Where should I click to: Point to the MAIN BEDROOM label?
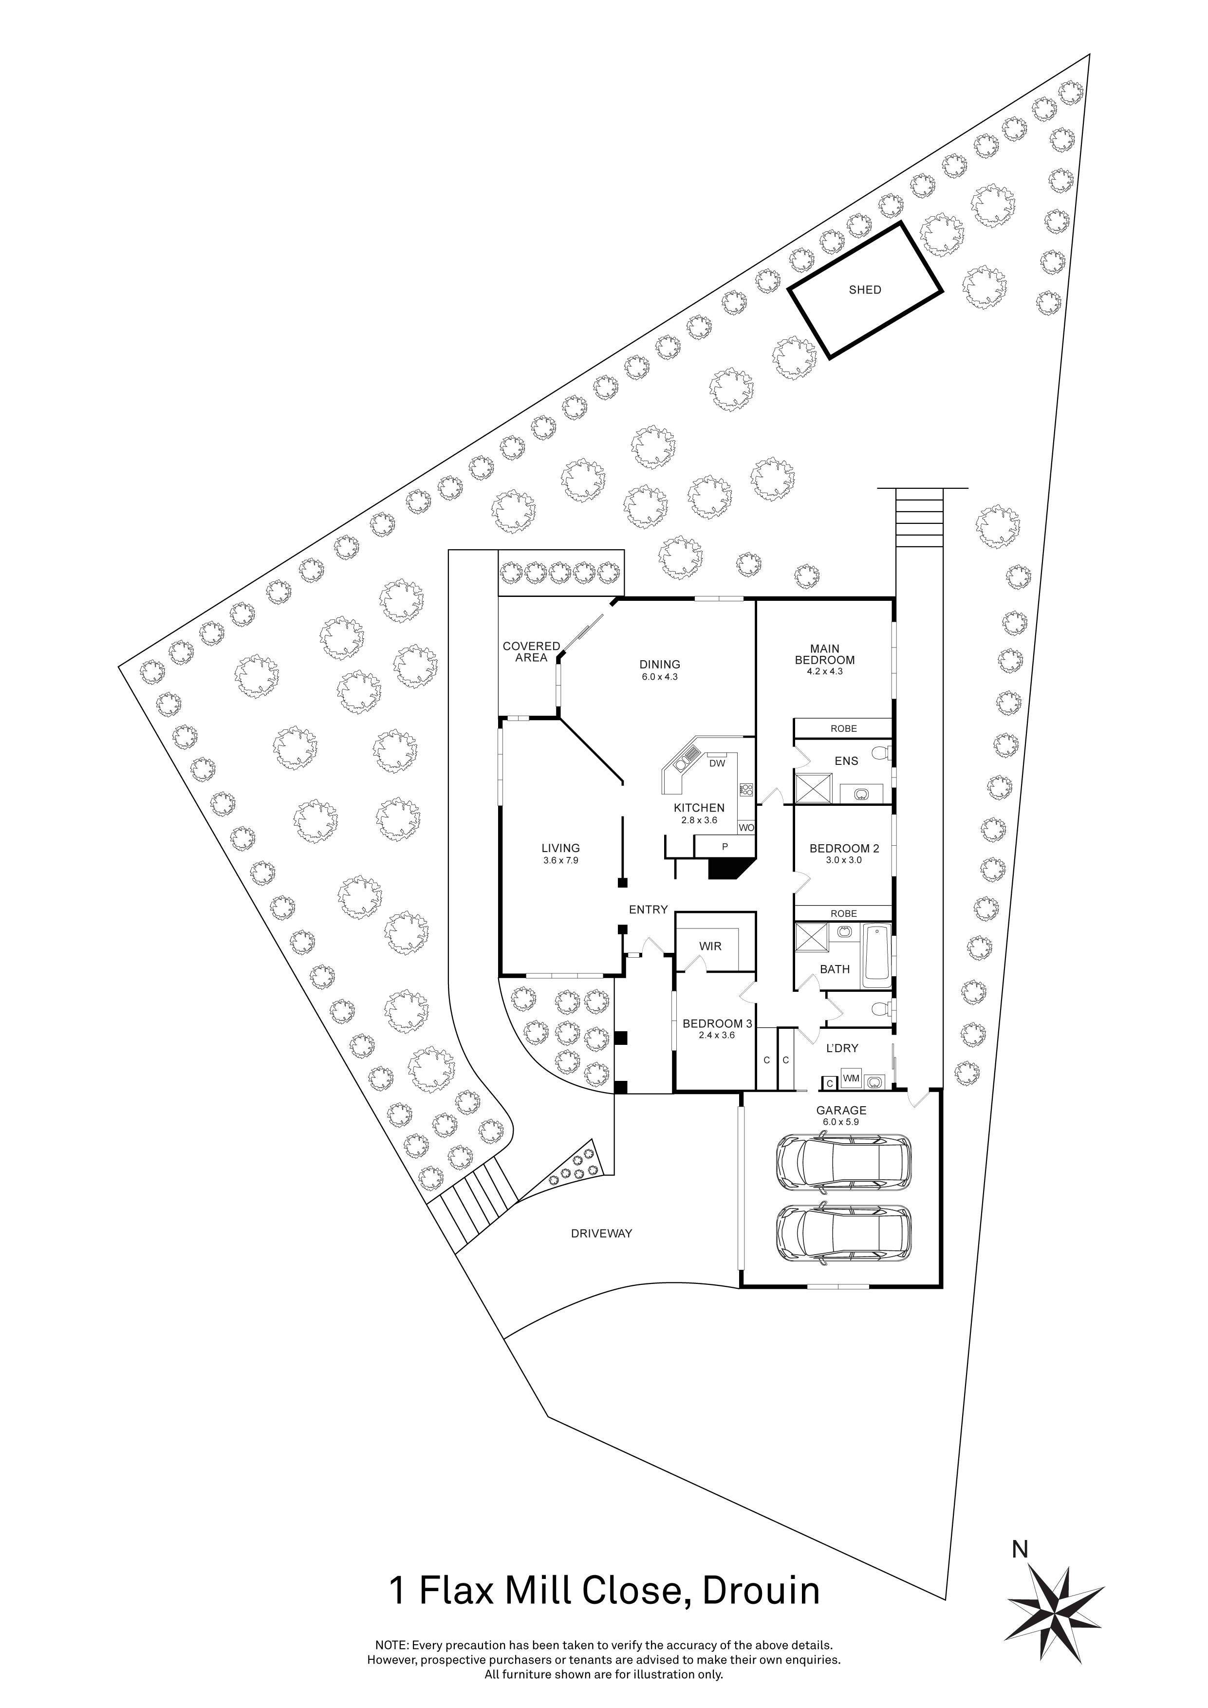tap(824, 655)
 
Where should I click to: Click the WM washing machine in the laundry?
tap(851, 1078)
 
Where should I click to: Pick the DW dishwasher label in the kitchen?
tap(717, 763)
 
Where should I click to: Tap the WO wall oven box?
tap(746, 827)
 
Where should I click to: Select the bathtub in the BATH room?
tap(878, 956)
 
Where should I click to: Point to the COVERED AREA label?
tap(531, 651)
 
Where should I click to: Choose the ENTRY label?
tap(648, 910)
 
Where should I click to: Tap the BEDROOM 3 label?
tap(717, 1023)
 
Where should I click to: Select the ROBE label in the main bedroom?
tap(843, 728)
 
